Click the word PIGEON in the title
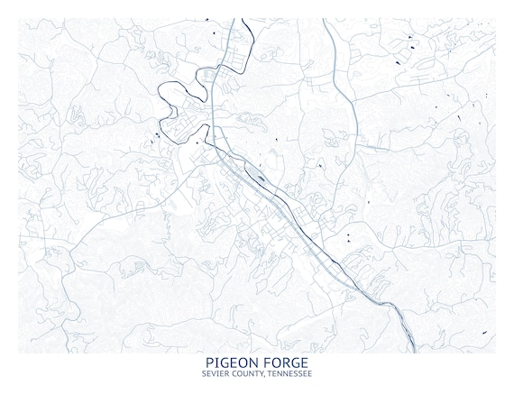pyautogui.click(x=231, y=363)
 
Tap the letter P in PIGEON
pyautogui.click(x=210, y=363)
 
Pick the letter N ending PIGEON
pyautogui.click(x=252, y=363)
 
